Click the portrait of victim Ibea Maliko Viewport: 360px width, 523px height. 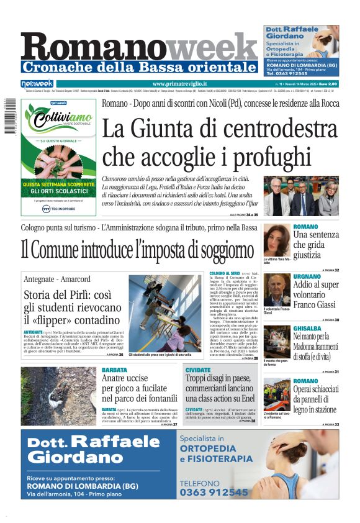(x=276, y=240)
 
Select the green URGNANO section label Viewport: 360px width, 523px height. (x=307, y=276)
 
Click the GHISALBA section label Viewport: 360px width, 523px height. (x=307, y=327)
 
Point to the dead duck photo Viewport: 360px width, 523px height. (x=59, y=396)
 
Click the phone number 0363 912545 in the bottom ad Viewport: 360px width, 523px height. (x=214, y=492)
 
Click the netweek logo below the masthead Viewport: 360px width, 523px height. (x=38, y=83)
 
